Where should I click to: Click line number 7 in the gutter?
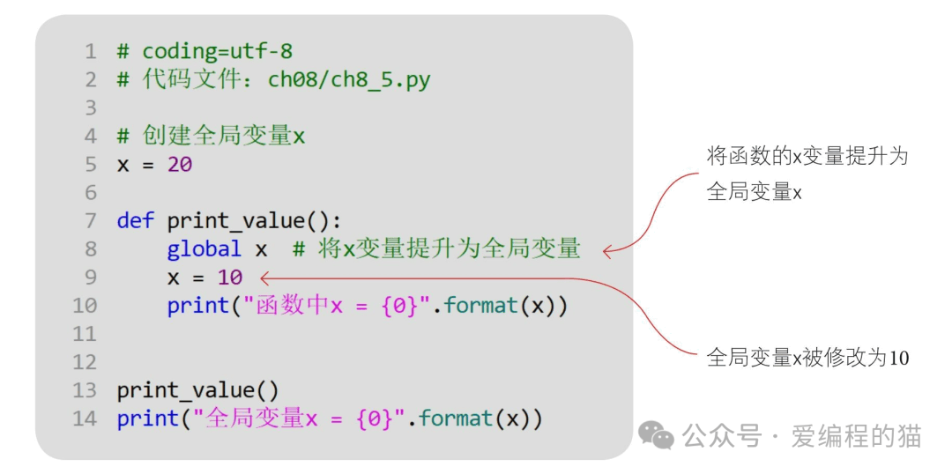click(90, 221)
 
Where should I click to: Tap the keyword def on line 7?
click(136, 220)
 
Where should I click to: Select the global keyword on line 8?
click(204, 248)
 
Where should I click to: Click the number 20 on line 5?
click(180, 165)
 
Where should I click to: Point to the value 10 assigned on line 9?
click(230, 278)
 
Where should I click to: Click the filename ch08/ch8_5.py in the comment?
click(349, 80)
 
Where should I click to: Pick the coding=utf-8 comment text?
click(218, 52)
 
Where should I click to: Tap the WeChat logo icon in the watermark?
click(656, 435)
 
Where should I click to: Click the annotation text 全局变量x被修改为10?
click(807, 358)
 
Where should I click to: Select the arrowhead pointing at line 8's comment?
click(607, 250)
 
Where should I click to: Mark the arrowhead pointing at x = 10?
click(264, 278)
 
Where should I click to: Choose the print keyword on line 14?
click(148, 418)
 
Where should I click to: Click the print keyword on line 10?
click(198, 306)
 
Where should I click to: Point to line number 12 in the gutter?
click(85, 362)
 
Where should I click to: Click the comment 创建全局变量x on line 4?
click(223, 136)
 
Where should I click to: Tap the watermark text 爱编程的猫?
click(856, 436)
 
